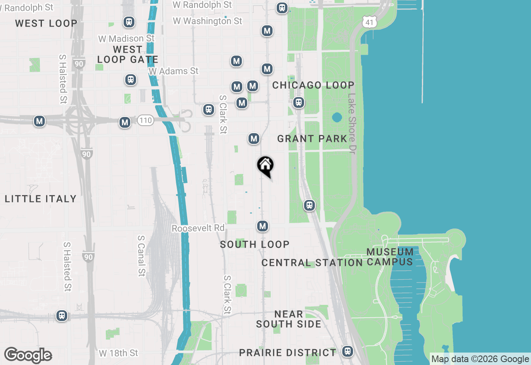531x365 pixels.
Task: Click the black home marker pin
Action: tap(265, 166)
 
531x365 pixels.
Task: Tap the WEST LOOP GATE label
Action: tap(128, 54)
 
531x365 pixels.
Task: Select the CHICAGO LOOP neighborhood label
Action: tap(313, 85)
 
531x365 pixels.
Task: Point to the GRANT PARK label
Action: tap(312, 139)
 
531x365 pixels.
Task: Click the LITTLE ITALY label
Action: tap(41, 199)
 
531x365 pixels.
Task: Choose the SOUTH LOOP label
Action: tap(255, 244)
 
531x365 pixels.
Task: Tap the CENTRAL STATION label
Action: tap(312, 263)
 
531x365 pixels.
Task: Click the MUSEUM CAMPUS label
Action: tap(390, 257)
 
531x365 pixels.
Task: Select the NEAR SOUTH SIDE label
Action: tap(289, 319)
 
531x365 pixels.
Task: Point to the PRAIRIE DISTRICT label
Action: tap(288, 353)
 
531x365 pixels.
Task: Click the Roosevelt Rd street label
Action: tap(198, 228)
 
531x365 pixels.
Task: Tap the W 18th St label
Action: tap(119, 353)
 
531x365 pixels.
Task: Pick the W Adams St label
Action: tap(174, 71)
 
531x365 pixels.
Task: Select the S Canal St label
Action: tap(141, 256)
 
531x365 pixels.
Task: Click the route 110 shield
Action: tap(146, 121)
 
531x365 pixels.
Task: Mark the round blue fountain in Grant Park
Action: tap(337, 117)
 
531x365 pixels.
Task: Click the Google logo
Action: tap(28, 355)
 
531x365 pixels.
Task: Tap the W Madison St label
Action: tap(127, 39)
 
